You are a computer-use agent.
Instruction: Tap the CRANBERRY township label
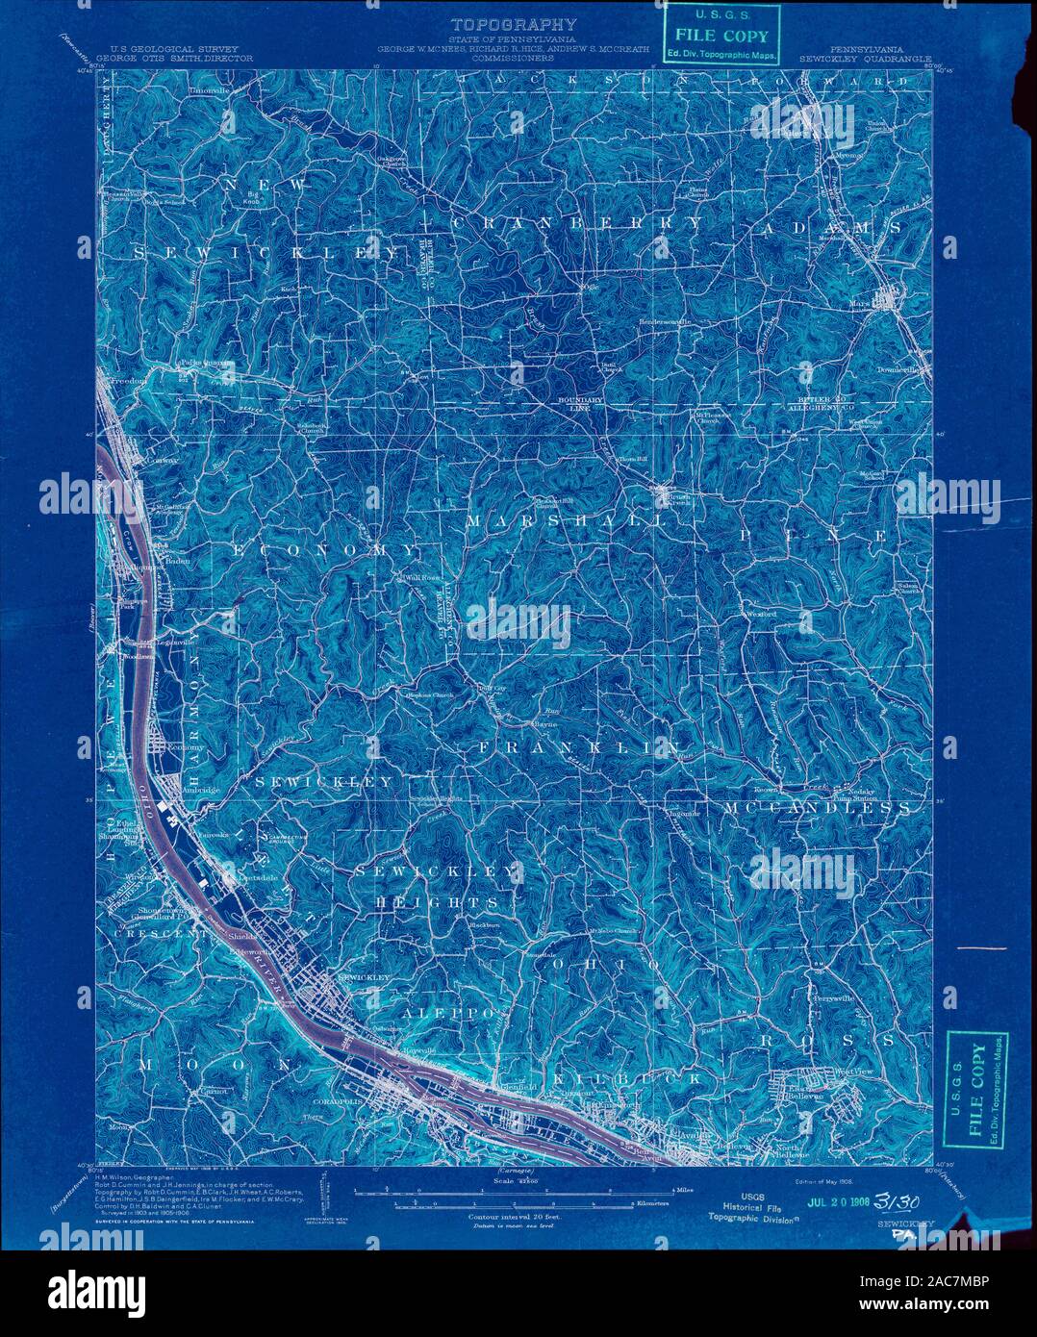point(577,222)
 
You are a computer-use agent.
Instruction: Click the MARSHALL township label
point(566,520)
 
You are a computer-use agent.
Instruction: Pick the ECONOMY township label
point(327,549)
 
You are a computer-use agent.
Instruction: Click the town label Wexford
point(760,614)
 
